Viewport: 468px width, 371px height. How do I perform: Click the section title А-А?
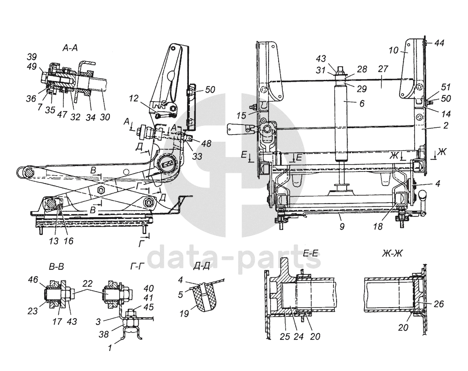(x=70, y=48)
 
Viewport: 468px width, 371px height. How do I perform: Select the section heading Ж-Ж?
(x=392, y=254)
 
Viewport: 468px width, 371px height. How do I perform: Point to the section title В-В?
(x=56, y=266)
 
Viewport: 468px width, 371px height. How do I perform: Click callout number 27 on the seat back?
(x=383, y=69)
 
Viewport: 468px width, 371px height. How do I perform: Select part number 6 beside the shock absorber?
(x=362, y=103)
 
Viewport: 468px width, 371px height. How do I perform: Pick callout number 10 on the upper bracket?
(x=394, y=50)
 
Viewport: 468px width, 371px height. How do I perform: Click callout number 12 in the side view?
(x=134, y=98)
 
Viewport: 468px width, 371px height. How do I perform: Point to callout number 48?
(x=205, y=143)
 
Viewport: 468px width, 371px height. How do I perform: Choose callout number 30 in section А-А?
(x=105, y=117)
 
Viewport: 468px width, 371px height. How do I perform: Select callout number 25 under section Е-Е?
(x=285, y=336)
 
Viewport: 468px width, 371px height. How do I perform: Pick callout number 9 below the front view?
(x=342, y=226)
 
